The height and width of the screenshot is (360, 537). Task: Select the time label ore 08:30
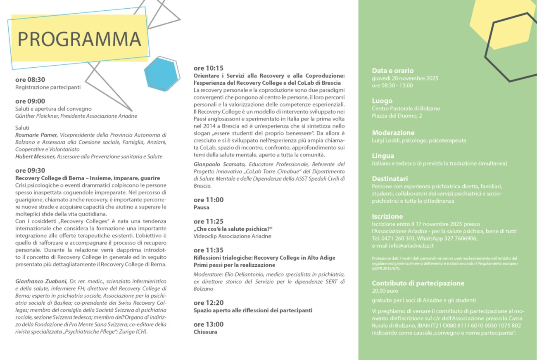[x=30, y=80]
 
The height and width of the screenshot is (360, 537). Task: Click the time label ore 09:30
[x=30, y=171]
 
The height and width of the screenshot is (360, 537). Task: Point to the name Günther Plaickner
[x=37, y=116]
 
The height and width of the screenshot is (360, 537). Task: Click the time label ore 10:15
[x=209, y=68]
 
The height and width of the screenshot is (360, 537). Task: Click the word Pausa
[x=202, y=207]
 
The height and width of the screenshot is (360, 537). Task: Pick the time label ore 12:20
[x=209, y=303]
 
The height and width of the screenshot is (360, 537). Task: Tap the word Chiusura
[x=205, y=332]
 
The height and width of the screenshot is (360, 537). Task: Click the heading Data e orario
[x=392, y=71]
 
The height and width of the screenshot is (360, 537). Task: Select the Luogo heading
[x=382, y=101]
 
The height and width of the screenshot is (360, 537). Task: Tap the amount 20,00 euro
[x=385, y=291]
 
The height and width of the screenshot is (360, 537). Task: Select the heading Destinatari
[x=390, y=179]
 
